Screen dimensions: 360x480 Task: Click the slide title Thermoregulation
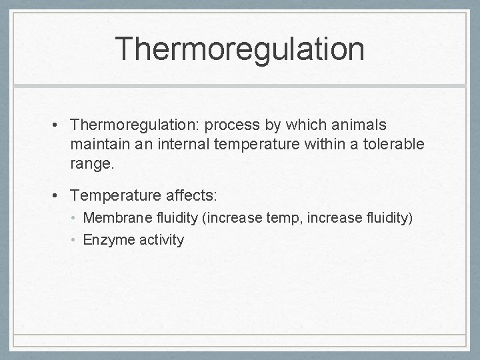239,50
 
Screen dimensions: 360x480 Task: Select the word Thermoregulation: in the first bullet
137,126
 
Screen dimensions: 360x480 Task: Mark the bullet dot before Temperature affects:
59,195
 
